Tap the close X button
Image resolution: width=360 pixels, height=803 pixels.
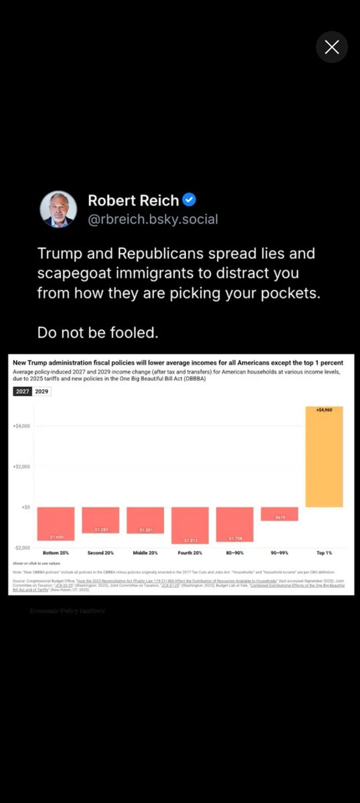click(x=331, y=47)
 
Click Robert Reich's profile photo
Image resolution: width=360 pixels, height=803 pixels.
click(x=59, y=209)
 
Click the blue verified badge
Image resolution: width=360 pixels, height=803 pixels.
click(x=189, y=200)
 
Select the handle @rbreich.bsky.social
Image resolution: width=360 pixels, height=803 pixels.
click(x=153, y=219)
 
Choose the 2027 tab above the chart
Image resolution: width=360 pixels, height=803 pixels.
click(x=23, y=391)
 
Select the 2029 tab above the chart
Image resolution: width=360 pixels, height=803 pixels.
click(x=41, y=391)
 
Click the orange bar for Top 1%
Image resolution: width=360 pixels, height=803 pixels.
click(x=324, y=457)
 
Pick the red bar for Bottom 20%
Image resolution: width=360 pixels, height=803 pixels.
click(x=56, y=523)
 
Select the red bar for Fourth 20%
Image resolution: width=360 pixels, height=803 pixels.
click(x=190, y=525)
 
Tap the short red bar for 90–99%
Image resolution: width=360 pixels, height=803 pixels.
click(x=280, y=514)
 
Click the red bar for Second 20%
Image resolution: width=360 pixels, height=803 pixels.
click(x=100, y=520)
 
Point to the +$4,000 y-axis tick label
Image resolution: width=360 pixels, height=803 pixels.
click(x=21, y=426)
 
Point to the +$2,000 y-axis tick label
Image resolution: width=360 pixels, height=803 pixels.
click(x=21, y=466)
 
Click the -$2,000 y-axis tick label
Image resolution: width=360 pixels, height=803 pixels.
click(x=21, y=547)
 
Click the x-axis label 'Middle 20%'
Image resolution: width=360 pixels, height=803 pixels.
click(x=145, y=553)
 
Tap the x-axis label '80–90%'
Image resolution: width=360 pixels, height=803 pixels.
click(x=235, y=553)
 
